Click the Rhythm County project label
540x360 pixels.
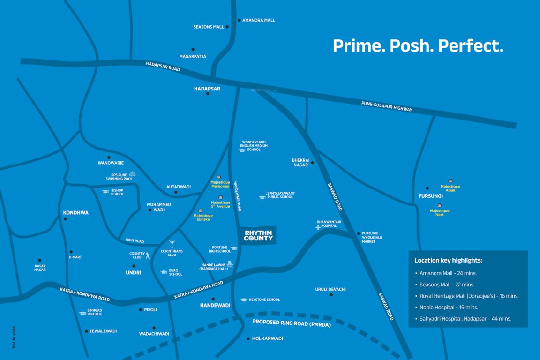click(258, 235)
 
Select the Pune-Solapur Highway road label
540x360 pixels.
click(387, 106)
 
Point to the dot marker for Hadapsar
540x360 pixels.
click(207, 94)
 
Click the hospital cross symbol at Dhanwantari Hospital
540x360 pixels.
click(318, 227)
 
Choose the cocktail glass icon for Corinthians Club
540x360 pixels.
click(172, 244)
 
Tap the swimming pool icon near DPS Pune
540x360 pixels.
click(133, 173)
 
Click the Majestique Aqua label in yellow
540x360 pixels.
click(450, 188)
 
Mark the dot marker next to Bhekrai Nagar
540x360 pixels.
click(313, 163)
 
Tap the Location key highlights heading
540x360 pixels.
click(448, 260)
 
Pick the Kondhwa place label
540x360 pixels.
click(75, 213)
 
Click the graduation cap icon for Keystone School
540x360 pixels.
click(244, 300)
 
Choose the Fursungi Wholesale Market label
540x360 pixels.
click(372, 237)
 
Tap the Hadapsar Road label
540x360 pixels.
click(163, 67)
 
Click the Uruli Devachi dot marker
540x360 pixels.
click(331, 295)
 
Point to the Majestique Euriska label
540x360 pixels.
click(203, 217)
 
